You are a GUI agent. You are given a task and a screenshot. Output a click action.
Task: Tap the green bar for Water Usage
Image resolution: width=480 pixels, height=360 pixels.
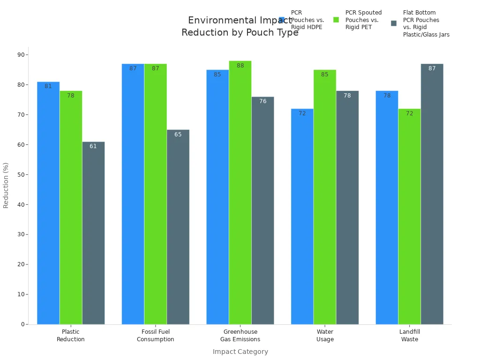[324, 197]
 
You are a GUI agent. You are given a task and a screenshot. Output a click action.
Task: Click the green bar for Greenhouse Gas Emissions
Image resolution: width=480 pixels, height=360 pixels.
[240, 192]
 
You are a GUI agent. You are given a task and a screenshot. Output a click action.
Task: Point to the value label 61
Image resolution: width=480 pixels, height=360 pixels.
[93, 146]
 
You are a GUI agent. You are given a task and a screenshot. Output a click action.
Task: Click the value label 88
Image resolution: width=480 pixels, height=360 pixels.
[240, 66]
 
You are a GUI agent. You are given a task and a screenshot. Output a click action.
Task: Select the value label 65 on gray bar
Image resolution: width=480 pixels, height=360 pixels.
[178, 135]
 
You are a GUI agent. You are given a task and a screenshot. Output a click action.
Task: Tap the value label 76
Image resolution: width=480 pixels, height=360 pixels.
[262, 101]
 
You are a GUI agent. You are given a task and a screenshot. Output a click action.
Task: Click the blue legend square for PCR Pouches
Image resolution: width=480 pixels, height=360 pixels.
[282, 20]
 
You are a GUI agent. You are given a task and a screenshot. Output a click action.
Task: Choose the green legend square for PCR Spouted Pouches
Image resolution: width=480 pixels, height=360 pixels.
[336, 20]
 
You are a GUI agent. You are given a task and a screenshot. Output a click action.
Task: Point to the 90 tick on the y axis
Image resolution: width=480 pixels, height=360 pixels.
[21, 54]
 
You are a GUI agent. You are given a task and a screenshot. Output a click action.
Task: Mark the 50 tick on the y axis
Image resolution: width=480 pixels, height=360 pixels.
[21, 174]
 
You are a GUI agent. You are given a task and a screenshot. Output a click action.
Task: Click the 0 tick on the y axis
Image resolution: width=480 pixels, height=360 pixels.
[22, 324]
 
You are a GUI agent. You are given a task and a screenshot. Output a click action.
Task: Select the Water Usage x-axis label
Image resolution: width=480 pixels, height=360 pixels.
[325, 336]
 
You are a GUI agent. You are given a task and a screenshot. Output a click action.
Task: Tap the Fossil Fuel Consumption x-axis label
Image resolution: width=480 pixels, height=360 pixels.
[155, 336]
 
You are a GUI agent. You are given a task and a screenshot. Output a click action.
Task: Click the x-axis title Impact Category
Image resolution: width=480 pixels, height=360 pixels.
[240, 352]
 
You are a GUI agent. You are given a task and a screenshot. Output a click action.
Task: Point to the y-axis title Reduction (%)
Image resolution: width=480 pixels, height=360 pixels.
[6, 185]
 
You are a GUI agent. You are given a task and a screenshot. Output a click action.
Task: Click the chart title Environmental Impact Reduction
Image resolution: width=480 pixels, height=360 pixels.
[240, 27]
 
